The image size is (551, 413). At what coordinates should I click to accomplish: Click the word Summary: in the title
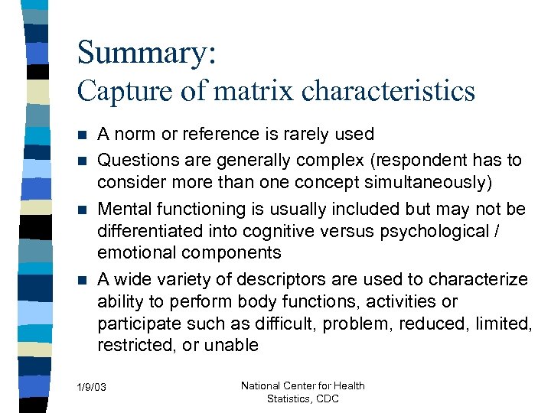(x=147, y=53)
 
